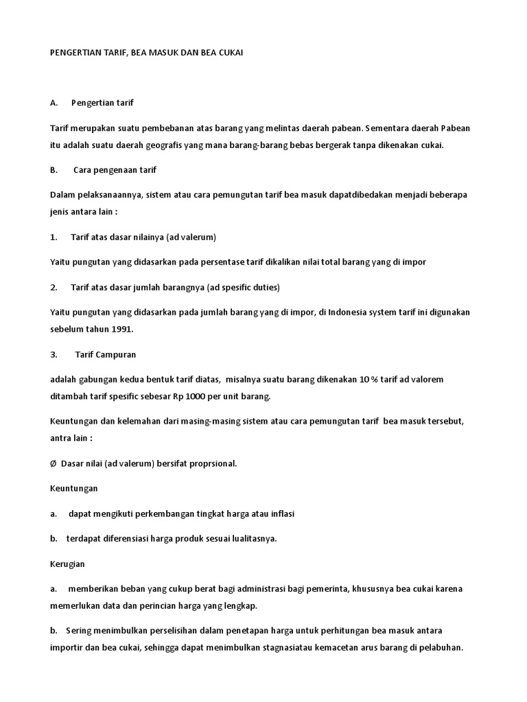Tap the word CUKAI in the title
(x=228, y=52)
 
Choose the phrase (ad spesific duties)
(x=239, y=287)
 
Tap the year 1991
(x=120, y=329)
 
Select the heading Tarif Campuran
(x=105, y=354)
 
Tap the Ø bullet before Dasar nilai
(x=53, y=463)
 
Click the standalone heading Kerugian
(x=68, y=563)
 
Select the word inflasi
(x=280, y=513)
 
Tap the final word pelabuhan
(x=440, y=647)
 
